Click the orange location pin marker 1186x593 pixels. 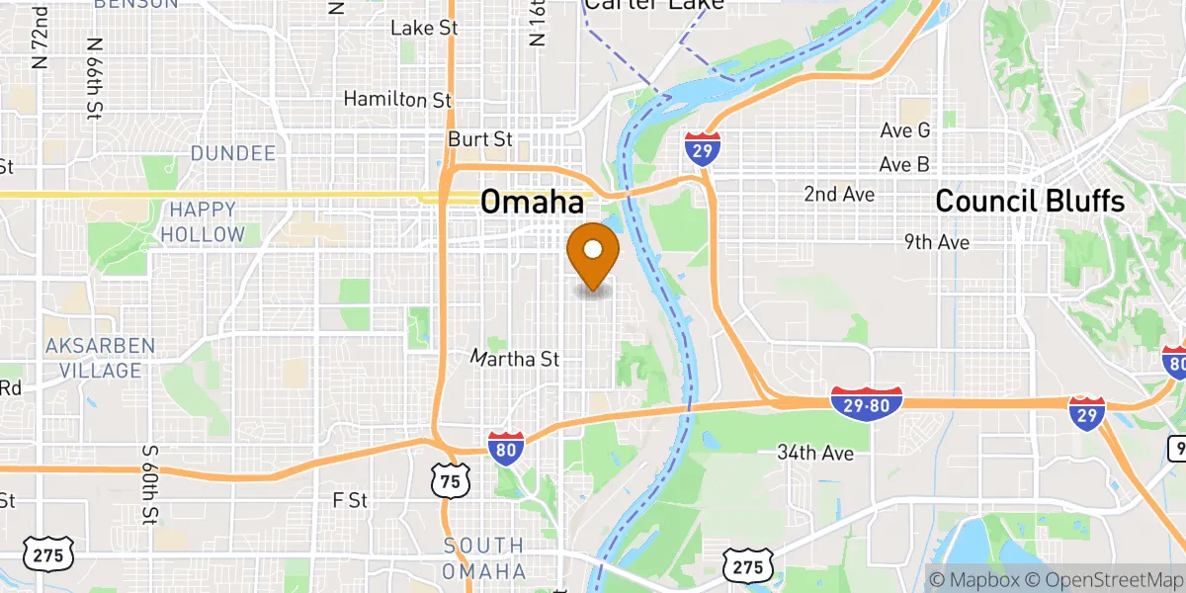coord(593,256)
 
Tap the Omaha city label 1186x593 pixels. coord(532,203)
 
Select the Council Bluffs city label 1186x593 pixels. coord(1030,202)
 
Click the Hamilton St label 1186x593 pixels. coord(397,99)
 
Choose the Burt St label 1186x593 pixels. coord(480,139)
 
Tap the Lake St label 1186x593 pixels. coord(424,28)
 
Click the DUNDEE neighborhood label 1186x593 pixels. coord(233,153)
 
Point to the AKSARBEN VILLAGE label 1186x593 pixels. coord(100,358)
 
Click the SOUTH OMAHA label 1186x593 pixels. coord(483,558)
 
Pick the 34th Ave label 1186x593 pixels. coord(814,453)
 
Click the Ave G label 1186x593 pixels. coord(905,130)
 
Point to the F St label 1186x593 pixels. coord(350,500)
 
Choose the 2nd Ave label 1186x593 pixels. coord(838,194)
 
